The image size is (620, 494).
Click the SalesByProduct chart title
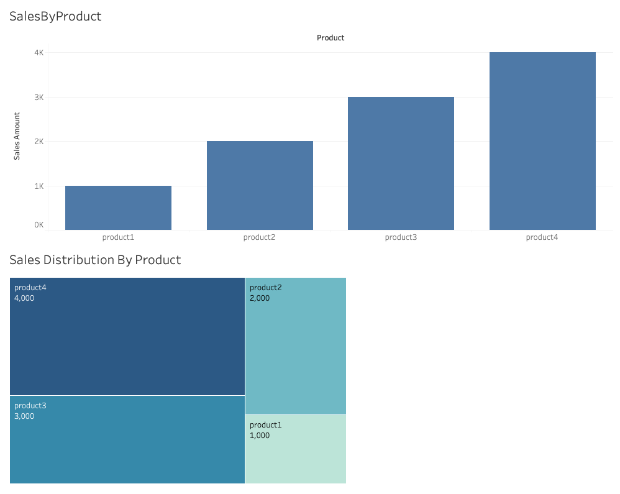[x=55, y=17]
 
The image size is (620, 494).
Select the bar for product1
[x=118, y=208]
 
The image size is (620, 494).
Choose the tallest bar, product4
[x=542, y=141]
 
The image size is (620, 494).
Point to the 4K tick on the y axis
[x=39, y=53]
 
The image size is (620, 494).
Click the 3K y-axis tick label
[x=39, y=98]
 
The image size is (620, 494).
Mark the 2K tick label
[x=39, y=142]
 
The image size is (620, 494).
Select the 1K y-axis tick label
[x=39, y=186]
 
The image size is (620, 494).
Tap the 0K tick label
[x=39, y=225]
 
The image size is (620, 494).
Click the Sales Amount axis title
[x=17, y=136]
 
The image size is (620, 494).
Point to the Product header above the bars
[x=331, y=38]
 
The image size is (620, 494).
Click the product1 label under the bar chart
[x=118, y=237]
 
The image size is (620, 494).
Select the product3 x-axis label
[x=401, y=237]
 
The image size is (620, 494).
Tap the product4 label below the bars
[x=542, y=237]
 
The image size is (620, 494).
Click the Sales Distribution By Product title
[x=95, y=260]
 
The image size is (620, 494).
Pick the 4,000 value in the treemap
[x=24, y=298]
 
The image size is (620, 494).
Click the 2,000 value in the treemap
[x=260, y=298]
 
